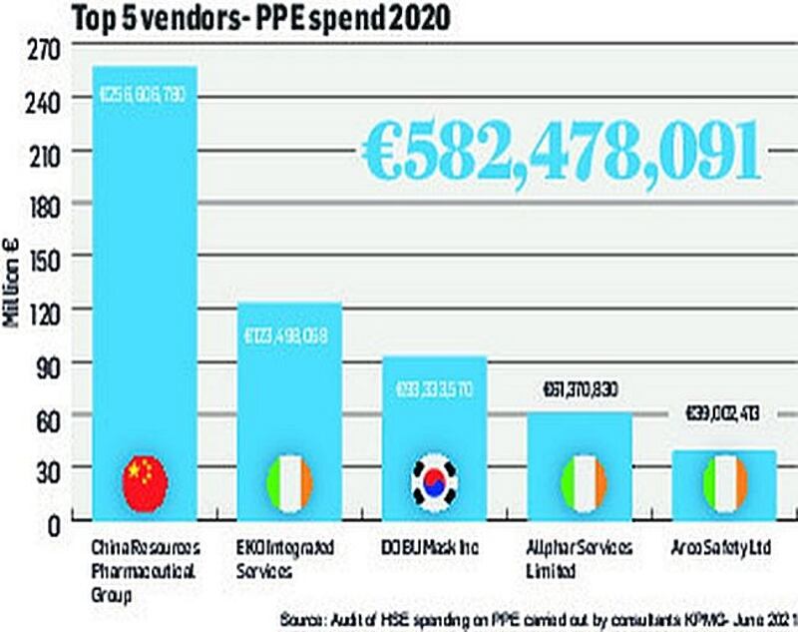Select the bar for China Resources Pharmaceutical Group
click(x=145, y=290)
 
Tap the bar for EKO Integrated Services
click(x=288, y=399)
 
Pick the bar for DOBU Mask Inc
click(x=434, y=419)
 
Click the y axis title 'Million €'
click(x=14, y=290)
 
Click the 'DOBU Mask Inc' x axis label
click(x=434, y=548)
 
